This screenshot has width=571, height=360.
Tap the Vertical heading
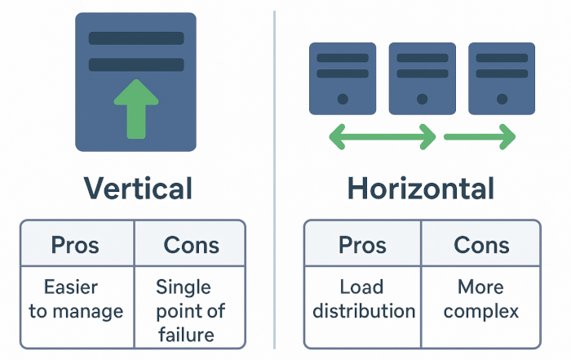click(138, 189)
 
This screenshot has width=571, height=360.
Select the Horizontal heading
click(421, 189)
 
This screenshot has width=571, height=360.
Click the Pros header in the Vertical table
click(76, 244)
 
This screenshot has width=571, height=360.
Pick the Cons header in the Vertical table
click(190, 244)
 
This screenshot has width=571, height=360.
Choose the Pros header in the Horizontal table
click(363, 244)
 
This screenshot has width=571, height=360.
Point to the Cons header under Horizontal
click(481, 244)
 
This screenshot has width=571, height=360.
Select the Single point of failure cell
click(190, 310)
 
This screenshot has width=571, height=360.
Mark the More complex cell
click(480, 299)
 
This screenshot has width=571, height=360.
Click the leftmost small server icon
click(343, 78)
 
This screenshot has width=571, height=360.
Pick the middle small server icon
click(421, 78)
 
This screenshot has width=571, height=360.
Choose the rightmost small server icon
click(501, 78)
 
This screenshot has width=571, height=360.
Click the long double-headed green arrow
click(382, 137)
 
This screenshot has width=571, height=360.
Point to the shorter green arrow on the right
click(480, 137)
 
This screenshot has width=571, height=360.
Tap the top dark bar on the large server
click(135, 38)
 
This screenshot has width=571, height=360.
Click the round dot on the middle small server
click(421, 99)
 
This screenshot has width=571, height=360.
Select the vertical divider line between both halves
click(274, 180)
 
